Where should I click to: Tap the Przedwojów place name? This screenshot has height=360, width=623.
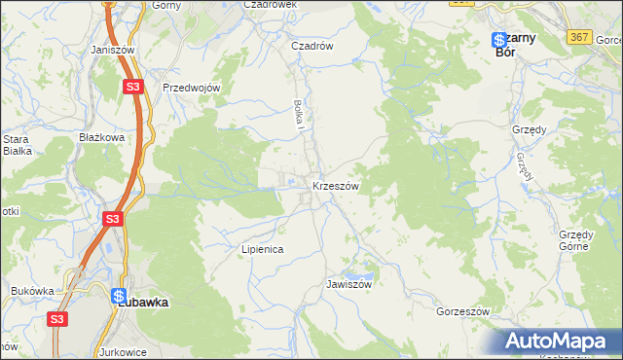coord(193,87)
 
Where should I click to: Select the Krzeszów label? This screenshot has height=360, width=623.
coord(336,186)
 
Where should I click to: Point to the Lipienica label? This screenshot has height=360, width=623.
coord(262,249)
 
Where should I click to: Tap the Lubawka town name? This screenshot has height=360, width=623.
coord(142,303)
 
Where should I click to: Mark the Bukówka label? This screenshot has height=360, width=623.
coord(32,291)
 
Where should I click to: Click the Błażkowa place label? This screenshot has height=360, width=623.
coord(102,138)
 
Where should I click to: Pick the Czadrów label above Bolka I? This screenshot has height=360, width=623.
coord(312,45)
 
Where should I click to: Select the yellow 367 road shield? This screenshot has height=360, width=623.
coord(581,36)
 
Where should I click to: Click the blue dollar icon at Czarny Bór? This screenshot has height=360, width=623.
coord(497,40)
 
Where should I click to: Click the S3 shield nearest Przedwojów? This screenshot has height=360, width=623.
coord(134,87)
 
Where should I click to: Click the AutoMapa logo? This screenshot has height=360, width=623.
coord(560,341)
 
